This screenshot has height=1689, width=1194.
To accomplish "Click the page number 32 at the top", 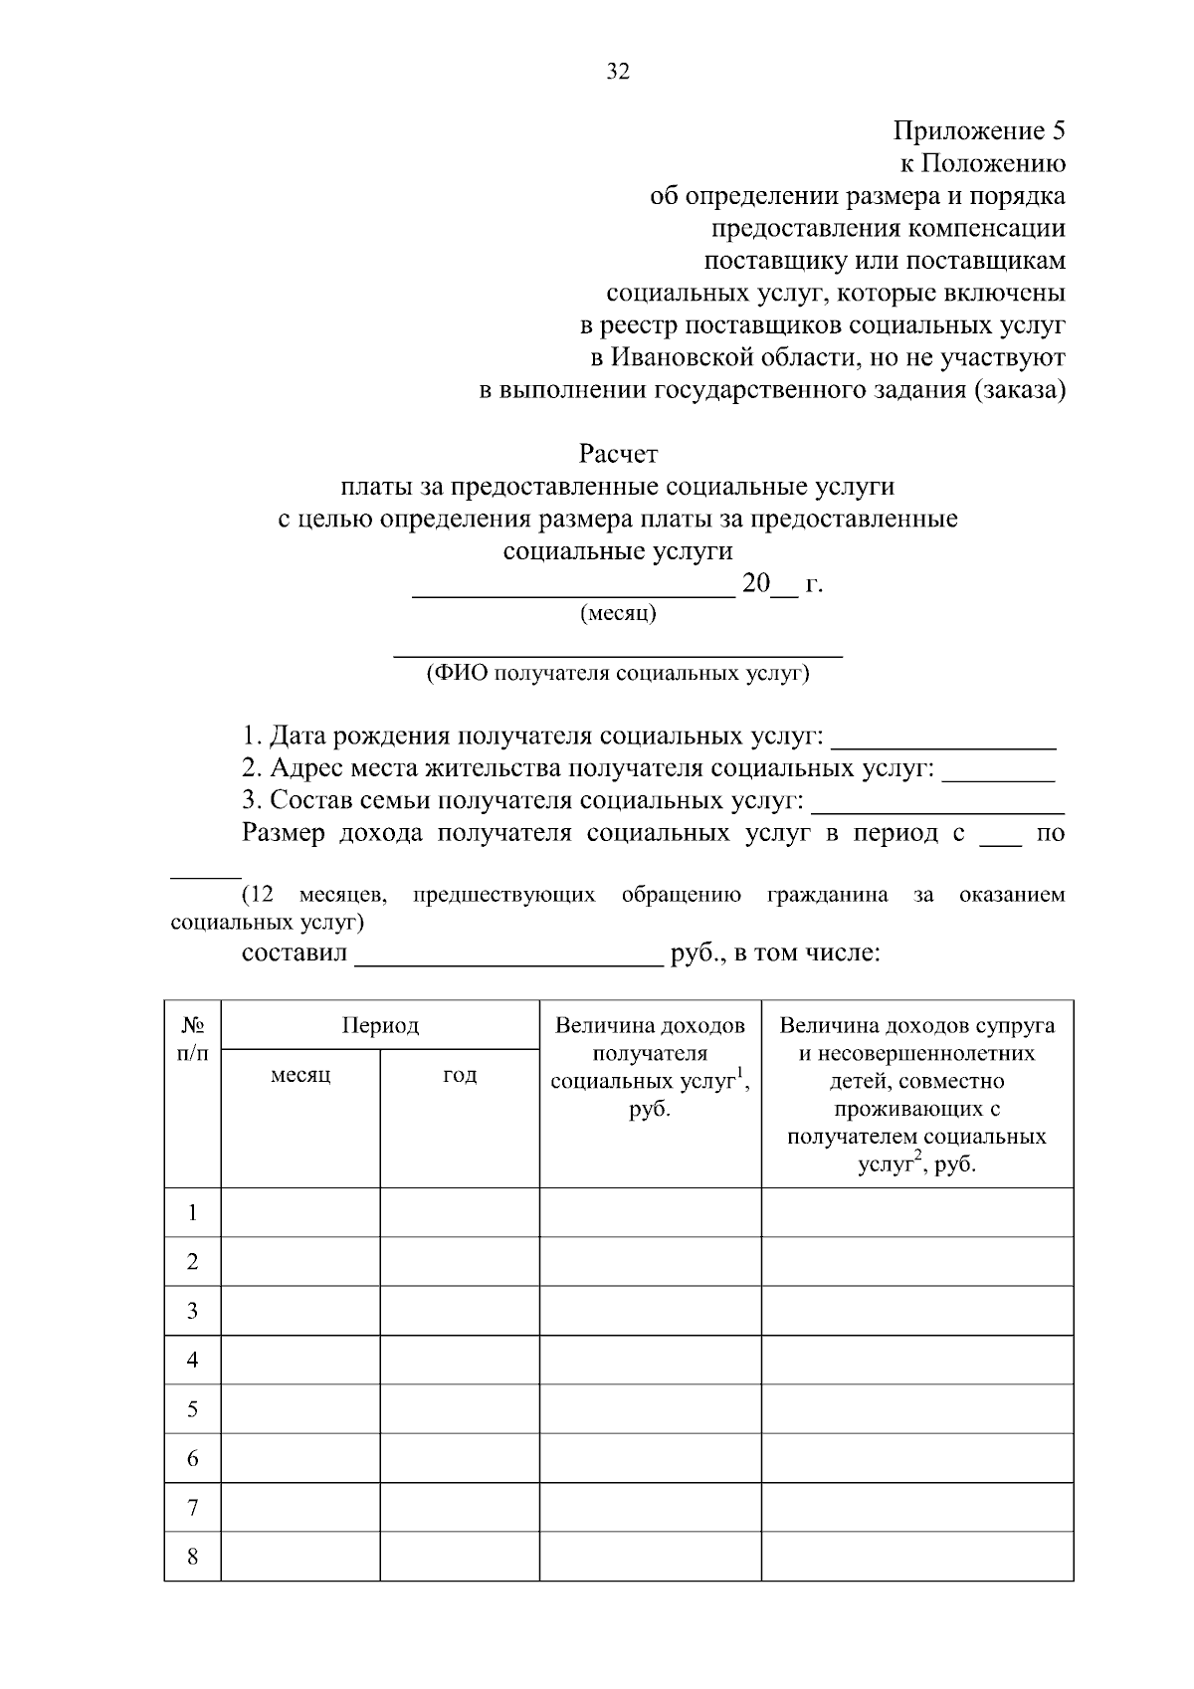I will point(618,72).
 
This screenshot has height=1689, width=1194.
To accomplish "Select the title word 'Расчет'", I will point(618,455).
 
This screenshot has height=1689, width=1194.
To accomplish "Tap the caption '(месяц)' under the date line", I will point(618,613).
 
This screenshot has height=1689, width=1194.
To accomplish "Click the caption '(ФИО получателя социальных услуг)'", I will point(618,674).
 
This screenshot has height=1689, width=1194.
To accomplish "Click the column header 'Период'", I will point(380,1025).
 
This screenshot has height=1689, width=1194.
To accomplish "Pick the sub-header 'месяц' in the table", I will point(300,1075).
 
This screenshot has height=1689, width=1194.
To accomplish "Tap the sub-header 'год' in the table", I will point(460,1075).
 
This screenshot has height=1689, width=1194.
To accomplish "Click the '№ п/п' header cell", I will point(193,1039).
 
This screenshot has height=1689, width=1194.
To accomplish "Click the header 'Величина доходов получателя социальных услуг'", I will point(650,1067).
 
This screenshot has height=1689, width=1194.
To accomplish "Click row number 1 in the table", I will point(193,1212).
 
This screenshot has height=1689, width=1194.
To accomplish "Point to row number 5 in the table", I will point(193,1409).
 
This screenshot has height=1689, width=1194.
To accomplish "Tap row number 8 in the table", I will point(193,1557).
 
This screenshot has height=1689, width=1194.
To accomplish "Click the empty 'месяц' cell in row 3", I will point(300,1311).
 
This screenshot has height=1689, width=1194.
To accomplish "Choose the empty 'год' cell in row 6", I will point(460,1458).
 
